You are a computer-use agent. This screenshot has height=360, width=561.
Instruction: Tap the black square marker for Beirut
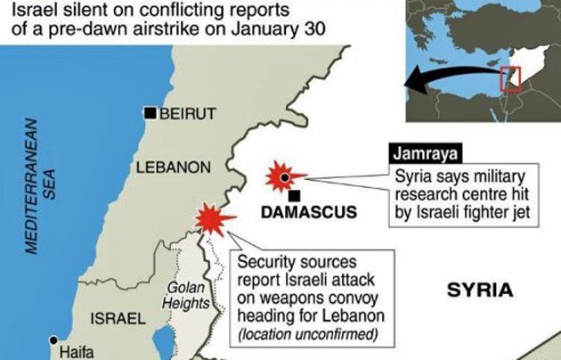click(152, 113)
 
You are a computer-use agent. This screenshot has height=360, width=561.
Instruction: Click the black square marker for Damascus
click(294, 195)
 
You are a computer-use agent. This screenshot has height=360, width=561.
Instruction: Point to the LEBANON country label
click(173, 168)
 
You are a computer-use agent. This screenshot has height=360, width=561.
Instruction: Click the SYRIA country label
click(480, 290)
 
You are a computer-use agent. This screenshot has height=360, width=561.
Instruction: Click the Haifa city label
click(76, 352)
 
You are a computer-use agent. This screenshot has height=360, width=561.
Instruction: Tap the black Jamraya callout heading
click(418, 152)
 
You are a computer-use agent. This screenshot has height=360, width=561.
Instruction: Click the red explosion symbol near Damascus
click(284, 176)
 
